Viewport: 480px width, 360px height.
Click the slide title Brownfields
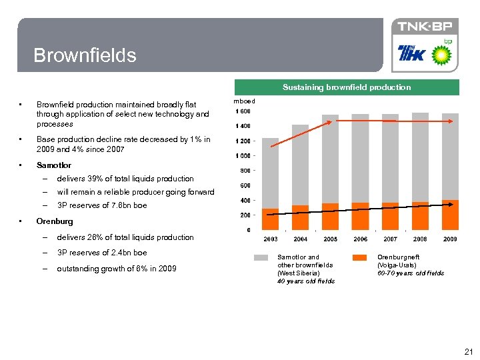(85, 55)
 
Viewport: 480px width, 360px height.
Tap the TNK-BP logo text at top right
(425, 27)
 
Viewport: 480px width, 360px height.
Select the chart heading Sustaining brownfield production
(346, 87)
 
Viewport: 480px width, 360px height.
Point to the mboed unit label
(244, 101)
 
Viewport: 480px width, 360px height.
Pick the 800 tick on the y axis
(245, 171)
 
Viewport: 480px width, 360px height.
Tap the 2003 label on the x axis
(271, 239)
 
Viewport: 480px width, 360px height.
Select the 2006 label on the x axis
(360, 239)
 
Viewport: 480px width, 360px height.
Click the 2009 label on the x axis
(450, 239)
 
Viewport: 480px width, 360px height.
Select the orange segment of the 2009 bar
(450, 215)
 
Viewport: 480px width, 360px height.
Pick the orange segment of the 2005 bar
(330, 217)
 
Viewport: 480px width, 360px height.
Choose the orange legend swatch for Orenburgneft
(359, 257)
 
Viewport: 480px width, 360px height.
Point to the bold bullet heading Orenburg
(55, 221)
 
